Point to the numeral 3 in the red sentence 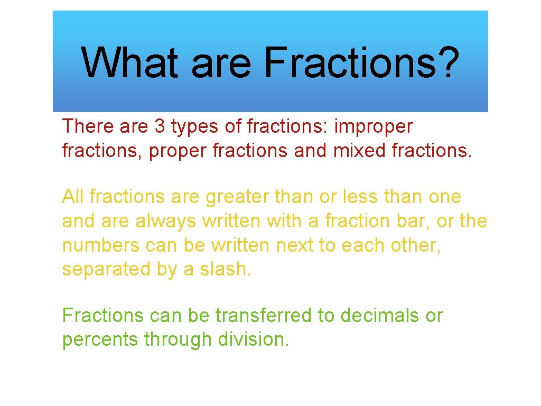(x=160, y=127)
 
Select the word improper (x=374, y=127)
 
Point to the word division (x=254, y=339)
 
